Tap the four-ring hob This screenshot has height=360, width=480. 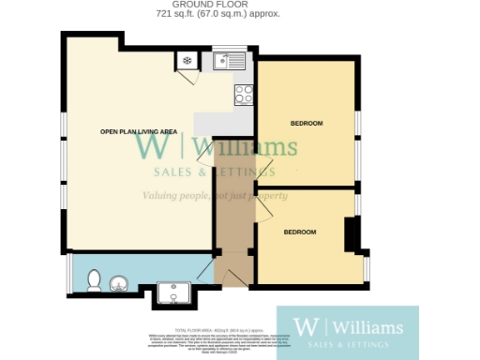pyautogui.click(x=243, y=94)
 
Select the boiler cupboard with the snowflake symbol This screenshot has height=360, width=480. pyautogui.click(x=186, y=62)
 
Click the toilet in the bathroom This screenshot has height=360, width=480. pyautogui.click(x=92, y=279)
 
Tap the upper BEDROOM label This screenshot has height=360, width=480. pyautogui.click(x=306, y=124)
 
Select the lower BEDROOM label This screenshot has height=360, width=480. pyautogui.click(x=300, y=232)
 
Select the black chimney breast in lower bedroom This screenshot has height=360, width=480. pyautogui.click(x=352, y=234)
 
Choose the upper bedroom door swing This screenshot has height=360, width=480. pyautogui.click(x=262, y=169)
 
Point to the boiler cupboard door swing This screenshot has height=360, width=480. pyautogui.click(x=189, y=79)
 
